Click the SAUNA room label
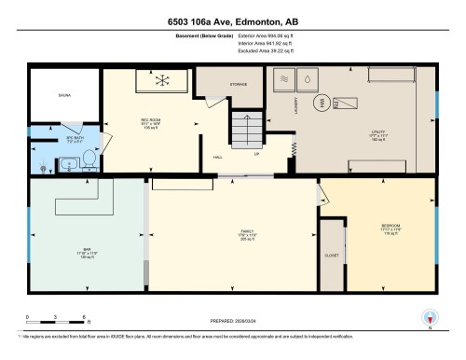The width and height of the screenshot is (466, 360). [x=62, y=94]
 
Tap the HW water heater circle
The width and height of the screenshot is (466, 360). [x=323, y=103]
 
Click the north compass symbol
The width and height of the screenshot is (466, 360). [x=430, y=319]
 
